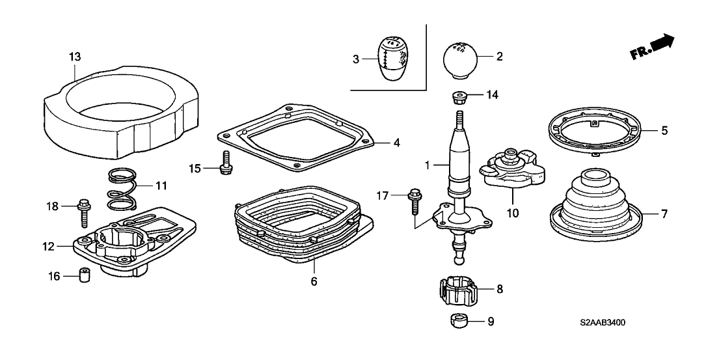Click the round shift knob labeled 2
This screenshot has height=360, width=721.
pos(460,59)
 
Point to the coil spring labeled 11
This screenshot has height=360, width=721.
pos(122,188)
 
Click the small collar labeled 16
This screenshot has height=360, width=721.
pos(83,276)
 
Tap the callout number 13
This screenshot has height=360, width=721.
pos(75,57)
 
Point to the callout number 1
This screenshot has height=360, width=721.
pos(428,166)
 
